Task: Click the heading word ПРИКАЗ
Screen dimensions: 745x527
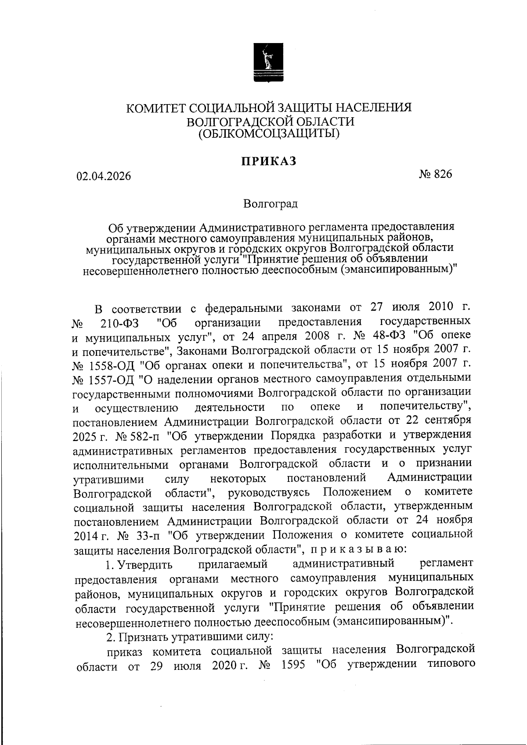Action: click(x=268, y=161)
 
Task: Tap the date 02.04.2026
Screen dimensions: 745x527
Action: click(x=104, y=176)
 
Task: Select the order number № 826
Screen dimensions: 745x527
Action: click(x=435, y=174)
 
